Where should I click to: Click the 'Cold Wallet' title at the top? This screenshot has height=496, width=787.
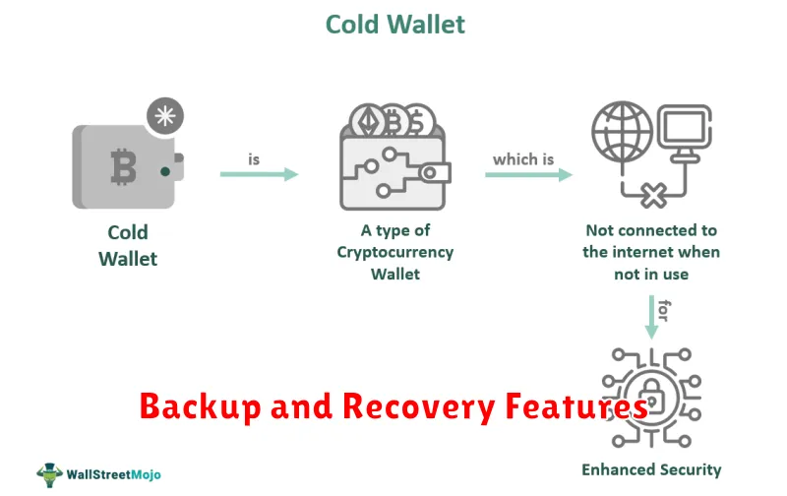(x=395, y=24)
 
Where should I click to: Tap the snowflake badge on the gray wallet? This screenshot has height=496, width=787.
(x=165, y=116)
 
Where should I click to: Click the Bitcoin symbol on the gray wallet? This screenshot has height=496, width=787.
(x=124, y=166)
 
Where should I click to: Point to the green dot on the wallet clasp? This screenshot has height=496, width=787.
(x=165, y=172)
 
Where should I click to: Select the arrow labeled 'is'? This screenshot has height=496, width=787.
(x=260, y=174)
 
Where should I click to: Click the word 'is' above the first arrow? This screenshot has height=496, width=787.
(x=254, y=159)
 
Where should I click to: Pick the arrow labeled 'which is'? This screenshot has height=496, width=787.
(x=529, y=175)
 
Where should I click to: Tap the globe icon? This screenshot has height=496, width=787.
(x=623, y=132)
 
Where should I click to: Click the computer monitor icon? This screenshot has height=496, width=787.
(x=685, y=133)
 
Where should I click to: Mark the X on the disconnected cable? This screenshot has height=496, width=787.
(x=653, y=195)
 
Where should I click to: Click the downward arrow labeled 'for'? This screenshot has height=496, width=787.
(x=651, y=317)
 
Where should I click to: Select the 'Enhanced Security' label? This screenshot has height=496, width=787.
(x=651, y=469)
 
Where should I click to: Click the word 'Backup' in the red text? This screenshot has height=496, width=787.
(x=201, y=406)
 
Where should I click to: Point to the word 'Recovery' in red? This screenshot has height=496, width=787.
(x=419, y=406)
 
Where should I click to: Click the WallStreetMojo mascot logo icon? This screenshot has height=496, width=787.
(x=49, y=474)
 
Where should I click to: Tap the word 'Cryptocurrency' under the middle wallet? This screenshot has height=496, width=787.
(x=395, y=253)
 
